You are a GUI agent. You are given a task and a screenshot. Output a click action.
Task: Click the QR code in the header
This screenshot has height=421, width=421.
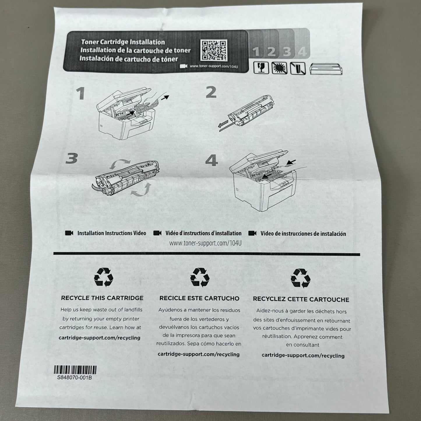point(214,50)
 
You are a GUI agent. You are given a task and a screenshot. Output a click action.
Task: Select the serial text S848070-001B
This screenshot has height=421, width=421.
point(75,378)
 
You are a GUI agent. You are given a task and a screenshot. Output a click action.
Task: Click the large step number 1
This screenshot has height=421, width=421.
point(81,93)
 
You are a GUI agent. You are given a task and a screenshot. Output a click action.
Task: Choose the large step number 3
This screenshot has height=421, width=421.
point(71,158)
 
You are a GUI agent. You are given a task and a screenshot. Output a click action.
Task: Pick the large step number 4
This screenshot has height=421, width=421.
point(212,160)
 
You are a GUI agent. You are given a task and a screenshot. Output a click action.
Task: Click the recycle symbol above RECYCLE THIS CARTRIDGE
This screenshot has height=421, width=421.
point(103,277)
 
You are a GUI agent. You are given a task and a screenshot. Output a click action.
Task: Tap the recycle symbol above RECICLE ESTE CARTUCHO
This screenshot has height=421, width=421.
point(200,277)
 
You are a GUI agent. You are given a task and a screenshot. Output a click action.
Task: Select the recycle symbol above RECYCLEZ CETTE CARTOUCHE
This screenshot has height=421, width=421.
point(300,278)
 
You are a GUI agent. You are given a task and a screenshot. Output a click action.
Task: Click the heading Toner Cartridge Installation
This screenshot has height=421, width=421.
point(123,42)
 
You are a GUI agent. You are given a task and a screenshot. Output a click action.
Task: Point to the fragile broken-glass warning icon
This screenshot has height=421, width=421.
point(261,68)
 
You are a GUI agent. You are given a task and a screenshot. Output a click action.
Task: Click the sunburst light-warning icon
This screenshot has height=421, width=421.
point(279,68)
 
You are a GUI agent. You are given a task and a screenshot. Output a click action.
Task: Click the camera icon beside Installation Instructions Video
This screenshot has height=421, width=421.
point(69,233)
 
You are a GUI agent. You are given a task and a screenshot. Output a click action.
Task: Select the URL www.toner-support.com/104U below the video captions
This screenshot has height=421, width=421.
point(205,243)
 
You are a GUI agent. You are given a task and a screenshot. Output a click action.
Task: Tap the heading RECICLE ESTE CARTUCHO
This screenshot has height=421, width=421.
point(200,298)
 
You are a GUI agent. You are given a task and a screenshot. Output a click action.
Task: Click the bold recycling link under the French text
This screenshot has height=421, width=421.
point(303,355)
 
